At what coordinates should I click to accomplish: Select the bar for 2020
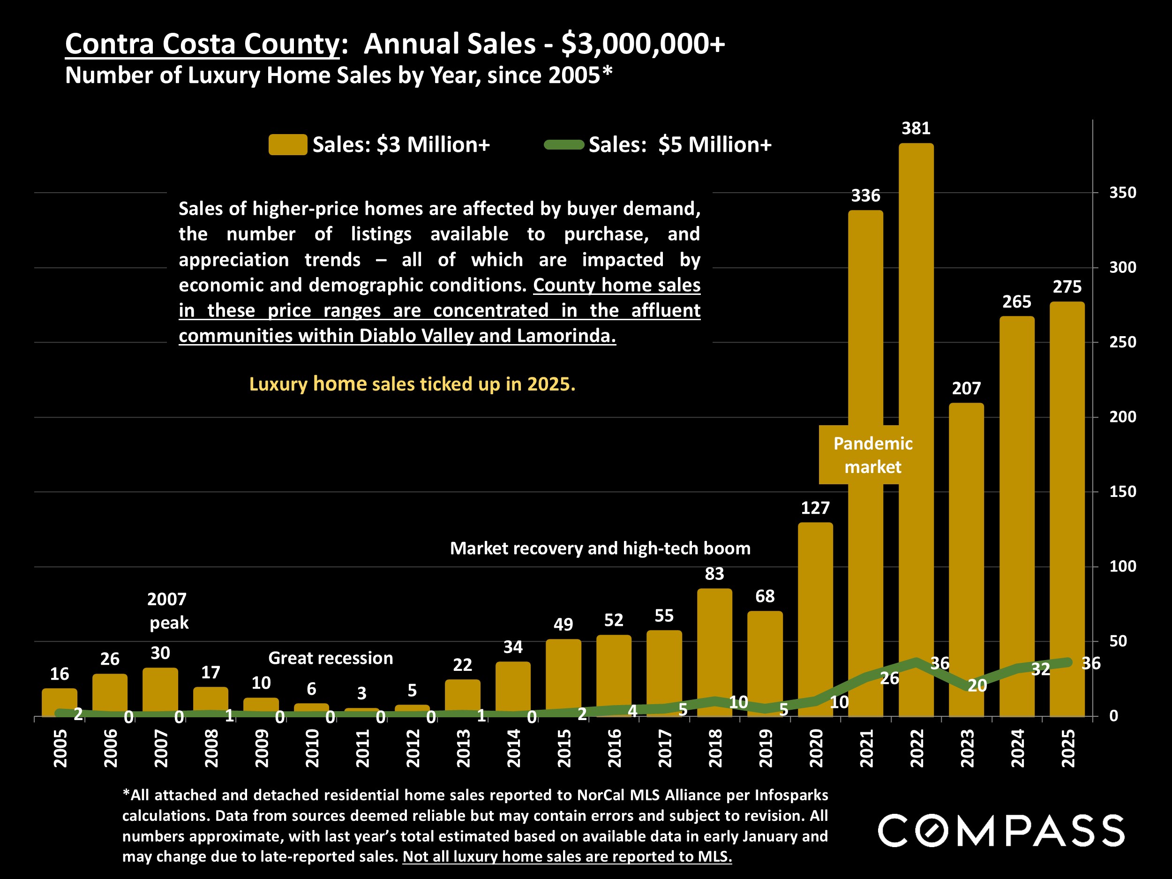(815, 609)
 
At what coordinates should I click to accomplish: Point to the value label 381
(916, 128)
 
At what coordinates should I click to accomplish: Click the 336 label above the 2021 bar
(866, 195)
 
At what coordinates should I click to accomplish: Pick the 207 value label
(966, 388)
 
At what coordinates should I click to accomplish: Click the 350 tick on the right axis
(1123, 192)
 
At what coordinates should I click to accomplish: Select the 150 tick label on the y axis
(1123, 492)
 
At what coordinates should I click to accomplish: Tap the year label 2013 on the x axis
(463, 748)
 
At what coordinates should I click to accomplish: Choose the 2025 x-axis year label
(1067, 748)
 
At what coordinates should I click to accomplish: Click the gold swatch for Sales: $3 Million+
(288, 145)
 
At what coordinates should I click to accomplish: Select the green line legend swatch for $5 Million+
(564, 145)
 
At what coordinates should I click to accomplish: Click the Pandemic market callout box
(872, 455)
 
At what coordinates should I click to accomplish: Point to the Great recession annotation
(331, 658)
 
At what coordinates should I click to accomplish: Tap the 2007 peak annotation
(167, 611)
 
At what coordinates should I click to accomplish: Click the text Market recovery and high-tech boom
(600, 548)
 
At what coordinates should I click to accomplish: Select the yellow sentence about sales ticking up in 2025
(412, 384)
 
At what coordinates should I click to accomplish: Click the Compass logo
(1001, 830)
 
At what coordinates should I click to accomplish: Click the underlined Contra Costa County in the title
(202, 44)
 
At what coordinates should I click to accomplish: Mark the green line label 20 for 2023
(977, 685)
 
